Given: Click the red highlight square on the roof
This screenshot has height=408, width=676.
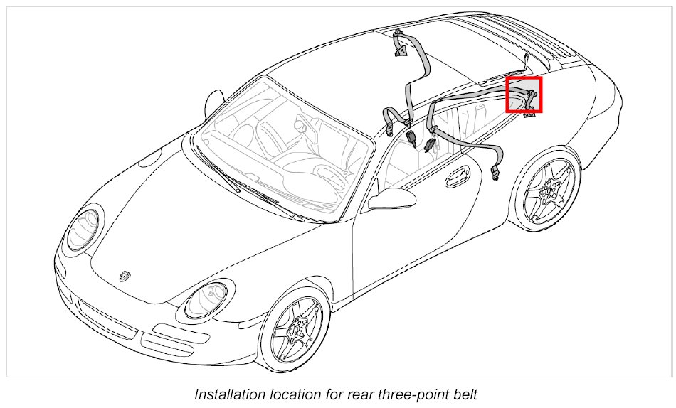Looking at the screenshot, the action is coord(524,95).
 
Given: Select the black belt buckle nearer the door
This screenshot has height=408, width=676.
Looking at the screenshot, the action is coord(429,146).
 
